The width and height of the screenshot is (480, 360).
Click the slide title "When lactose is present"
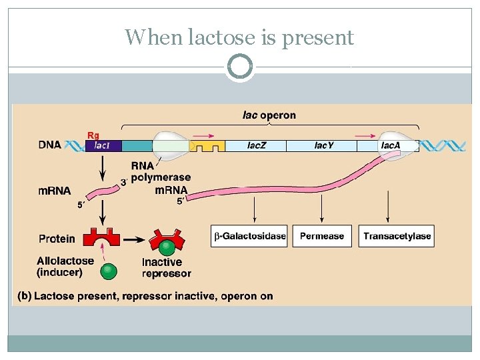pos(239,37)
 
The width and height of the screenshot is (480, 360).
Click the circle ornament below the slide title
pos(239,67)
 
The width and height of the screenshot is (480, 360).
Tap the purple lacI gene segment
pos(103,145)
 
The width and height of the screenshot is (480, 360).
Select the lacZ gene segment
pos(257,145)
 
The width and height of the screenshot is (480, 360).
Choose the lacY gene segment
pos(323,145)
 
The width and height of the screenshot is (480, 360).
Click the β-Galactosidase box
pos(249,236)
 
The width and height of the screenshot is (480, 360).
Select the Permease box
pos(322,236)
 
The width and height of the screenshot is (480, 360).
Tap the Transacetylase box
pos(397,236)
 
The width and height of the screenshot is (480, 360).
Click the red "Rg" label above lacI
pos(93,135)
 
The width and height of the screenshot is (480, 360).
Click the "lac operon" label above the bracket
pos(269,115)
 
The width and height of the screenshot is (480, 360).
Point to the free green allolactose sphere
pos(107,271)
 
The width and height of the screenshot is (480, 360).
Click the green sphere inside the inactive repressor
pos(170,247)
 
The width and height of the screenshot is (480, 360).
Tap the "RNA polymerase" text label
pos(160,172)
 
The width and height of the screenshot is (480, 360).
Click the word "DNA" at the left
pos(51,145)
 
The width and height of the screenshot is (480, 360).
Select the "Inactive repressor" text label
pos(166,267)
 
